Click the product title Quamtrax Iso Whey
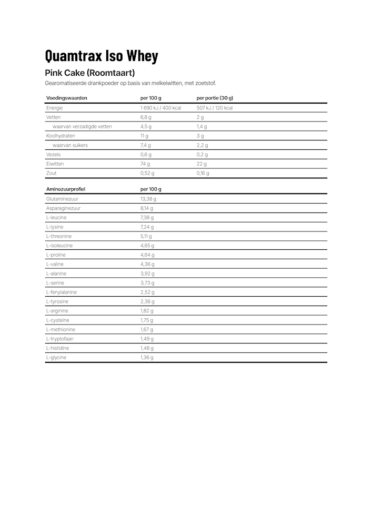pos(102,56)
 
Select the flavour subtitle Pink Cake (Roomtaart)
pos(90,73)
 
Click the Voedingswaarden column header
pos(67,98)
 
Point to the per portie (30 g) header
pos(215,98)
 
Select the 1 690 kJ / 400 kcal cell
pos(160,108)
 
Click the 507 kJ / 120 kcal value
pos(215,108)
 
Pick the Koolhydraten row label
pos(61,136)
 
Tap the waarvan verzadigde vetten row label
pos(82,127)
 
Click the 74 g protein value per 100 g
pos(145,164)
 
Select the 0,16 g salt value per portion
pos(203,173)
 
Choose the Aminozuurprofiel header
pos(66,189)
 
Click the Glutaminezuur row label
pos(62,199)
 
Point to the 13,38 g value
pos(148,199)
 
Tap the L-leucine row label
pos(56,218)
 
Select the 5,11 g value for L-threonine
pos(146,237)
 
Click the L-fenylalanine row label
pos(62,292)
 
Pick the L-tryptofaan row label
pos(59,339)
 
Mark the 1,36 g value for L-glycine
pos(147,358)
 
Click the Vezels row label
pos(54,155)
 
